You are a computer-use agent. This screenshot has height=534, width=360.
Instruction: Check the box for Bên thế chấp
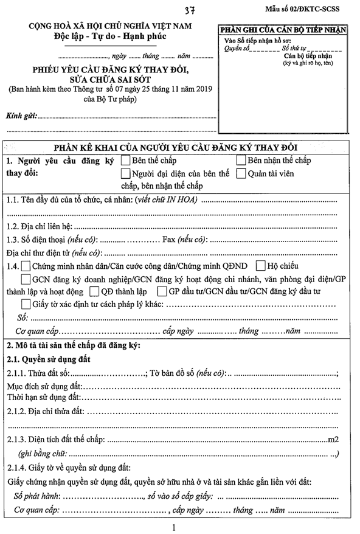tap(125, 161)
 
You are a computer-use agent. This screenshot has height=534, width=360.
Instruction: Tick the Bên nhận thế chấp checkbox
tap(240, 161)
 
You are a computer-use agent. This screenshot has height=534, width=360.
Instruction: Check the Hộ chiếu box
tap(261, 266)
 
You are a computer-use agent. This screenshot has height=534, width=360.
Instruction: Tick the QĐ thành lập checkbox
tap(94, 291)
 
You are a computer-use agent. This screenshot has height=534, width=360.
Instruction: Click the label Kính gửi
tap(21, 115)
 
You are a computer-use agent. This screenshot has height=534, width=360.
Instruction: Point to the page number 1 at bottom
tap(174, 527)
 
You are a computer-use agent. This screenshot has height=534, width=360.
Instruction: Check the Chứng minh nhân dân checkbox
tap(26, 266)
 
